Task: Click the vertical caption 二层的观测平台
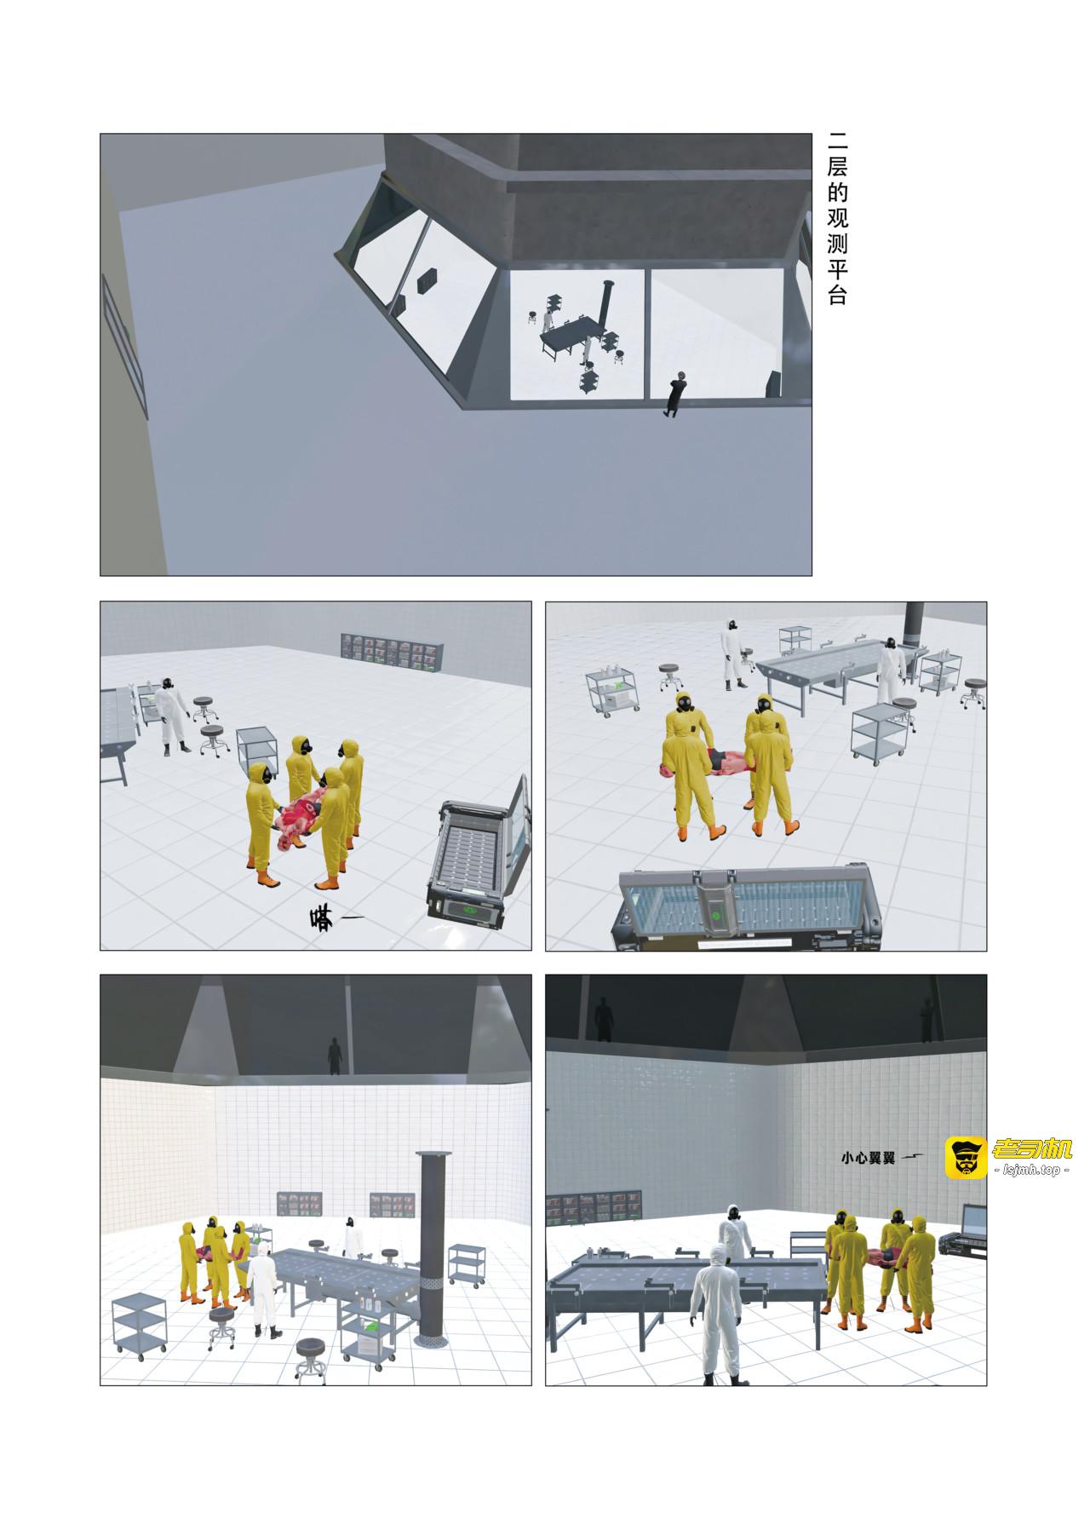(838, 219)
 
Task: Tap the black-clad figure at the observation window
(676, 394)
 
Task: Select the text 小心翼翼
(867, 1158)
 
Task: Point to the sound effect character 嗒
(324, 918)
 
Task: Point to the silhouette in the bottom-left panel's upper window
(335, 1056)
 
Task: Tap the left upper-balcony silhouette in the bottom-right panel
(605, 1020)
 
